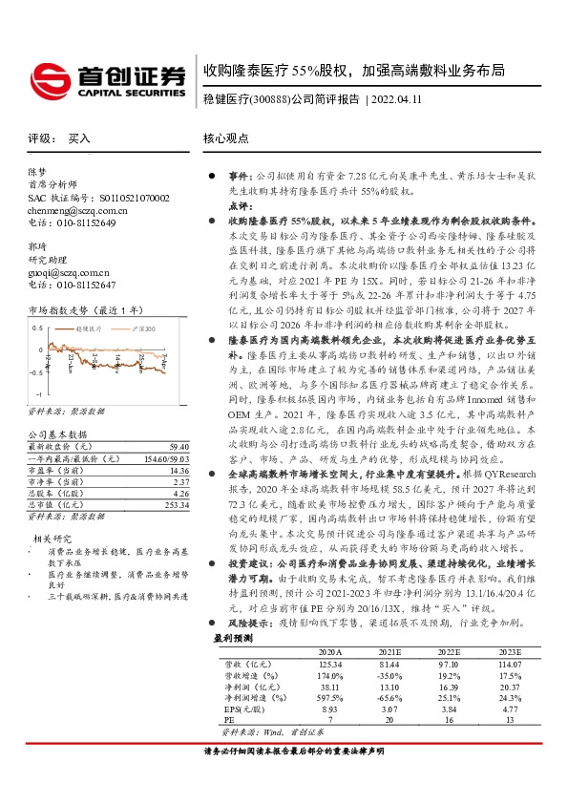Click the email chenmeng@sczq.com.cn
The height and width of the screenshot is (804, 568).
click(78, 209)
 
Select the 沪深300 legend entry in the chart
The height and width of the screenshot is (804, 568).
click(141, 328)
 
